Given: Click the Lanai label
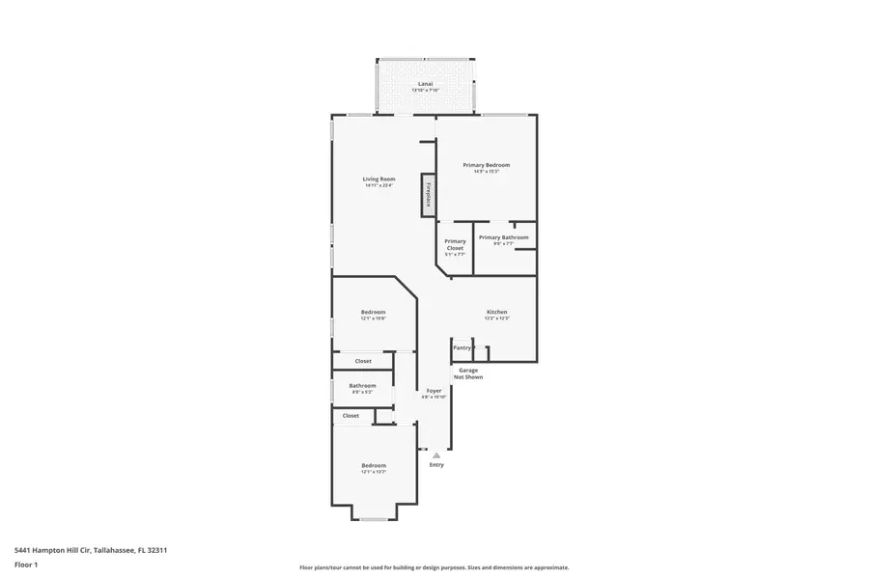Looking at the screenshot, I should pos(425,84).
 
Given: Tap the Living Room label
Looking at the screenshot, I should pos(378,179).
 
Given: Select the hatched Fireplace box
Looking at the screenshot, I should pos(426,195).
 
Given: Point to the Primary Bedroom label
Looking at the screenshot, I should pos(486,165).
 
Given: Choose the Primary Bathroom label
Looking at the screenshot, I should pos(503,236).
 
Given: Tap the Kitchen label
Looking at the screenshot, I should pos(496,312).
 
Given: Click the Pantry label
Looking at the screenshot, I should pos(462,347).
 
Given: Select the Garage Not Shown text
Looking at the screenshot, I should pos(468,373).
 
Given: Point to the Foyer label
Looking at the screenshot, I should pos(434,391).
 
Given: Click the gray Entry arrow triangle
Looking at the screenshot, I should pos(436,455).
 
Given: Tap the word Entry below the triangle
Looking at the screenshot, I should pos(436,465).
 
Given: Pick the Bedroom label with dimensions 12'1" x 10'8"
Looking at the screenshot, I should pos(374,312).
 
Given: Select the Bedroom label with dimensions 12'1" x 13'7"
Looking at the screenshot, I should pos(374,465).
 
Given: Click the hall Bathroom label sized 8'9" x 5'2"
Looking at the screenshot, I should pos(362,386).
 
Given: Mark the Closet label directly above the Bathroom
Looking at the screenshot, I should pos(362,361).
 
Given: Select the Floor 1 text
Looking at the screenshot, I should pos(26,565).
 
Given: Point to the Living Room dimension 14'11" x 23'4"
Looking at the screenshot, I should pos(378,185).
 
